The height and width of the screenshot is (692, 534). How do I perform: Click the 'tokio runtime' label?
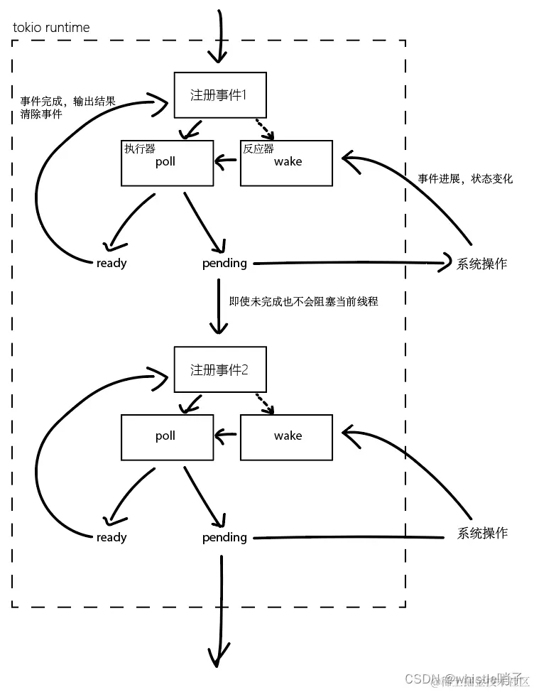point(51,28)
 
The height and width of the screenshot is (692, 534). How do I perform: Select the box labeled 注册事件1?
point(219,94)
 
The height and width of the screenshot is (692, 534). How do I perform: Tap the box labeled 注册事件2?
point(219,369)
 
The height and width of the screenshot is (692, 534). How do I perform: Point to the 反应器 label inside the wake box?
point(258,149)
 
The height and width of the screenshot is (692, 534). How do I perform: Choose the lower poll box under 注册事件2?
point(167,436)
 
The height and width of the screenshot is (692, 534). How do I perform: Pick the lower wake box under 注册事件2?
point(286,436)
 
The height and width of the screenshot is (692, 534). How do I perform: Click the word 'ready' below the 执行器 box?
point(111,264)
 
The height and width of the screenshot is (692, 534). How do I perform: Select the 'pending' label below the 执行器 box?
point(224,264)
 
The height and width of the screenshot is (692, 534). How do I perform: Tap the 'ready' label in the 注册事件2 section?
point(111,538)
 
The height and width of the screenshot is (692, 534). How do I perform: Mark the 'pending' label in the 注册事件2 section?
point(224,538)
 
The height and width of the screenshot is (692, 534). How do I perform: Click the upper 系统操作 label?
point(482,264)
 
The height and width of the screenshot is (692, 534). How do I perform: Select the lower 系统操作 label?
point(482,533)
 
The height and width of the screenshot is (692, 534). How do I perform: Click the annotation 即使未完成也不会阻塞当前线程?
point(303,301)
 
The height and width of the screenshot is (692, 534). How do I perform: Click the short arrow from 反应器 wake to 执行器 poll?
point(227,162)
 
